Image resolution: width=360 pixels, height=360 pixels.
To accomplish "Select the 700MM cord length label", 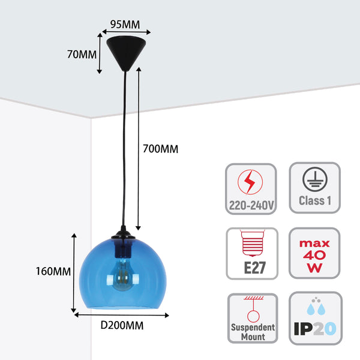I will [x=160, y=148].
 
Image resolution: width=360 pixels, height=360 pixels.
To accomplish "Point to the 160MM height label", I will [x=53, y=271].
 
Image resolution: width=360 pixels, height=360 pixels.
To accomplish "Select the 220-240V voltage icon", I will [x=251, y=188].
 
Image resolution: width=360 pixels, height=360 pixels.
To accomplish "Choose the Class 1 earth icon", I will [x=314, y=188].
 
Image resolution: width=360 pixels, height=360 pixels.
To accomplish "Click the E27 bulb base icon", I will [x=251, y=253].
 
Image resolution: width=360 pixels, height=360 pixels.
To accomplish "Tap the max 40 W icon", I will [x=314, y=253].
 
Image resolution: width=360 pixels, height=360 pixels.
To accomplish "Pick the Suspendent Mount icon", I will [x=252, y=318].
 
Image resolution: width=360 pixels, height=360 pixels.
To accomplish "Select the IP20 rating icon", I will [x=314, y=318].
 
